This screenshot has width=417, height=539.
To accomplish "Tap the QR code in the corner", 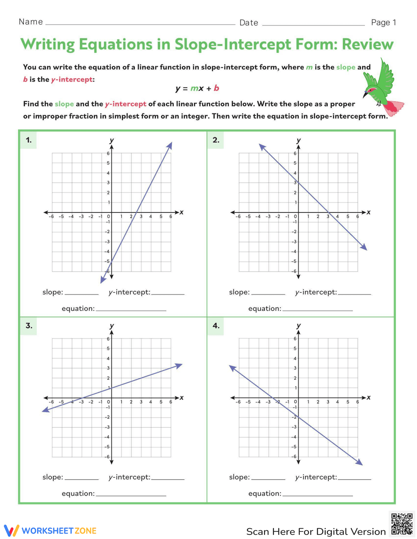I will [x=402, y=524].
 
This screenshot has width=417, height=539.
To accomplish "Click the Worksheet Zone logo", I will [x=50, y=531].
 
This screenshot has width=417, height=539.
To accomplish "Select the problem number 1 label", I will [x=28, y=140].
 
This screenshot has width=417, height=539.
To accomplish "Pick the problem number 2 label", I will [x=216, y=140].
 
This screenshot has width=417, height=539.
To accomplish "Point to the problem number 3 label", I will [x=28, y=325].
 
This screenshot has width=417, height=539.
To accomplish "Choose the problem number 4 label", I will [x=216, y=325].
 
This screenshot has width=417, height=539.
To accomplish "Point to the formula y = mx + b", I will [x=197, y=88].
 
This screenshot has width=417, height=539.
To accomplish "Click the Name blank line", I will [x=140, y=24].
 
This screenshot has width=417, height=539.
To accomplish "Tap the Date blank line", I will [x=313, y=24].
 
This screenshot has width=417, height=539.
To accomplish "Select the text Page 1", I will [x=383, y=22].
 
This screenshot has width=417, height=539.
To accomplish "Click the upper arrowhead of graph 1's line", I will [x=170, y=145].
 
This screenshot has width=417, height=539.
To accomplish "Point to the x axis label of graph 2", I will [x=369, y=212].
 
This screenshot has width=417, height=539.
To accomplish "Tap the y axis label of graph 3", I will [x=111, y=326].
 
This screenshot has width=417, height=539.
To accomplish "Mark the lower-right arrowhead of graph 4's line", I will [x=360, y=462].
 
